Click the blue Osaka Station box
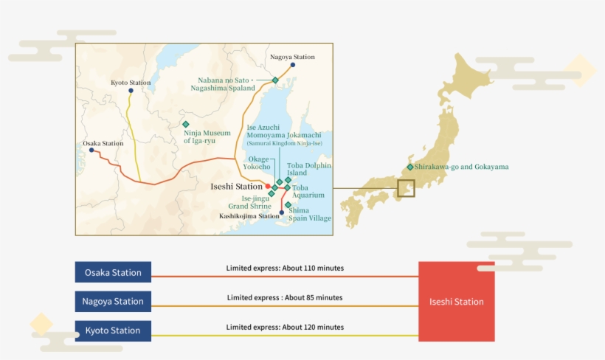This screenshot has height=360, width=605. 113,272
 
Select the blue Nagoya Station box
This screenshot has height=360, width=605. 113,301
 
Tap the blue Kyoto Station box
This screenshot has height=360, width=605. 113,330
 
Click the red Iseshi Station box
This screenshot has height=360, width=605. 457,302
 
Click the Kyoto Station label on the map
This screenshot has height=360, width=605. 131,83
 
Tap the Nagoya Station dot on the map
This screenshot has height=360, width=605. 293,65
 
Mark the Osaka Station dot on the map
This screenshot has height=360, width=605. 91,150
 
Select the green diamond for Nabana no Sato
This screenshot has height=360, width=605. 275,80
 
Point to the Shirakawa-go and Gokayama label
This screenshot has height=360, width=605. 461,167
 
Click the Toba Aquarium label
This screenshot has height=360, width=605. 308,192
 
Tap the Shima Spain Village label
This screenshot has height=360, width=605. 310,214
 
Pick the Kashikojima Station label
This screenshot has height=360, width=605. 249,216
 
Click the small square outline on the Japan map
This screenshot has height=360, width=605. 406,188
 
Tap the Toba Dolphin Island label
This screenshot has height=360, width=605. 309,169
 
